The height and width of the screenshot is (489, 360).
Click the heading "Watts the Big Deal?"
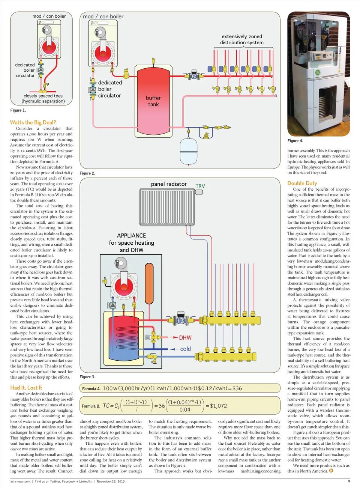point(33,122)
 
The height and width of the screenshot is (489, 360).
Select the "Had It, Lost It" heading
point(26,388)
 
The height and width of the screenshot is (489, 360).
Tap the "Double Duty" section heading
point(302,183)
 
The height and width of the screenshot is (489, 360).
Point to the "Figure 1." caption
point(18,110)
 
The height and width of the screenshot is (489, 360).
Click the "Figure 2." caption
point(87,173)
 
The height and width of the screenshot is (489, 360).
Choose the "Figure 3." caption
point(87,377)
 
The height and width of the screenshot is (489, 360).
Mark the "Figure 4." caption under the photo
point(295,141)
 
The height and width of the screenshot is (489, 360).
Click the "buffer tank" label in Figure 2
point(153,101)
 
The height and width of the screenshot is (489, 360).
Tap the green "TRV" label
point(200,186)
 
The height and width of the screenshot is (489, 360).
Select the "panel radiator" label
point(169,184)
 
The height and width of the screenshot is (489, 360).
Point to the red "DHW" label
point(185,338)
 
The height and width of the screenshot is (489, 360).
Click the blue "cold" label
point(185,349)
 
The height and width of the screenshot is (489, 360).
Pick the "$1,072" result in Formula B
point(218,406)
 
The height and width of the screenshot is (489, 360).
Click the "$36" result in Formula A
point(237,388)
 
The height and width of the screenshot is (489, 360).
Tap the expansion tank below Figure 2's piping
point(189,151)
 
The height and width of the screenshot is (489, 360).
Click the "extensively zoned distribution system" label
point(242,39)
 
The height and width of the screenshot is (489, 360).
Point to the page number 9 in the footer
point(349,481)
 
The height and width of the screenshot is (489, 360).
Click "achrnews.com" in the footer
point(20,481)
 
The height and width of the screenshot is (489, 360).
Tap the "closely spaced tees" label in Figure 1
point(43,96)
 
